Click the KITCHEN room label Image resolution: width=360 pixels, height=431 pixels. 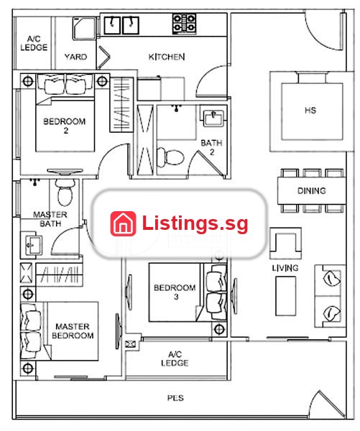click(167, 57)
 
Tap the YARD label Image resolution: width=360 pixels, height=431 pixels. click(75, 57)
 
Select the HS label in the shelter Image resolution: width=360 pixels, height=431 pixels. click(310, 111)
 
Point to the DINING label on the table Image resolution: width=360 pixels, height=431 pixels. click(312, 191)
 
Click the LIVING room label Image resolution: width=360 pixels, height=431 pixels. click(285, 268)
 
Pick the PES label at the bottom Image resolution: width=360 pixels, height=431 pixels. click(175, 398)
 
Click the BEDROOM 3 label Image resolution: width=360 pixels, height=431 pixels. click(175, 292)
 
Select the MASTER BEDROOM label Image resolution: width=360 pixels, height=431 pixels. click(73, 331)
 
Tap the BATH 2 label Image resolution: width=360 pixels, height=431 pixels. click(211, 147)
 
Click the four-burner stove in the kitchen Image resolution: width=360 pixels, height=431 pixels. click(185, 24)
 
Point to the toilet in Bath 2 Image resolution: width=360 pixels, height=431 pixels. click(170, 157)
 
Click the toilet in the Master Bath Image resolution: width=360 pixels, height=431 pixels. click(65, 193)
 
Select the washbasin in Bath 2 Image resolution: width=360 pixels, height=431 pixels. click(213, 119)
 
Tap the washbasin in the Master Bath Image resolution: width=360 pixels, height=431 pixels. click(32, 245)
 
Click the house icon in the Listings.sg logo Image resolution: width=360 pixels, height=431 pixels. click(123, 223)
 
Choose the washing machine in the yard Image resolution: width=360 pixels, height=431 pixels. click(84, 29)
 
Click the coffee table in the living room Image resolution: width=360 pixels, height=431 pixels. click(286, 296)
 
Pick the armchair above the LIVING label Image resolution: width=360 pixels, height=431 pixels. click(285, 244)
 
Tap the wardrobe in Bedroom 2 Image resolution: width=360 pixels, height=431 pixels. click(121, 104)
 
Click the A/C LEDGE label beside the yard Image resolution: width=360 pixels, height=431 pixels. click(34, 43)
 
